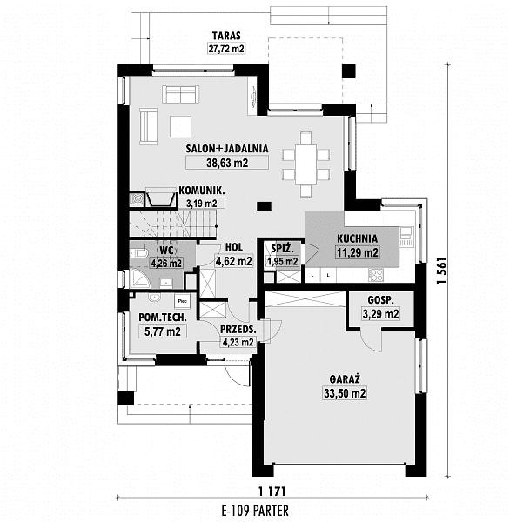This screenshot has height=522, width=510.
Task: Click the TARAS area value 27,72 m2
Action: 226,49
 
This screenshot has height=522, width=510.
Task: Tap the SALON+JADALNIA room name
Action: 227,149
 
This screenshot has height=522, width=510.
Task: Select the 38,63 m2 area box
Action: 227,163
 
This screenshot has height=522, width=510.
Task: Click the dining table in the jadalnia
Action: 305,164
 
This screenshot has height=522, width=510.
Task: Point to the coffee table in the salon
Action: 180,126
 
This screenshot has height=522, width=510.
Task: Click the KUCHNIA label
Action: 357,238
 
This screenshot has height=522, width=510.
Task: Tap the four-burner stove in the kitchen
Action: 376,275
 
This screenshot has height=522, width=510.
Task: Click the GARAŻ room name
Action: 345,379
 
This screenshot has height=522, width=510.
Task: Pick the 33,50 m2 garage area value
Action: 345,393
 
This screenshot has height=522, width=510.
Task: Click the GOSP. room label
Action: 380,300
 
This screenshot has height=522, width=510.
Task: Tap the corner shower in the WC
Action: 140,279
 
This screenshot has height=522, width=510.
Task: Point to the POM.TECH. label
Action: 162,318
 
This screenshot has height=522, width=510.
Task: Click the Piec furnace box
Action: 182,301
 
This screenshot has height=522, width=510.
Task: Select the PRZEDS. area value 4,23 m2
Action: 238,342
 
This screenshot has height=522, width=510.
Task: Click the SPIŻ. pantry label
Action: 282,248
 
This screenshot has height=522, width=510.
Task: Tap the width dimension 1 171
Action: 272,491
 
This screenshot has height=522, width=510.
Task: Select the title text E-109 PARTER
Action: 255,510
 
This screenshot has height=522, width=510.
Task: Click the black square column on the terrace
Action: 349,71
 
